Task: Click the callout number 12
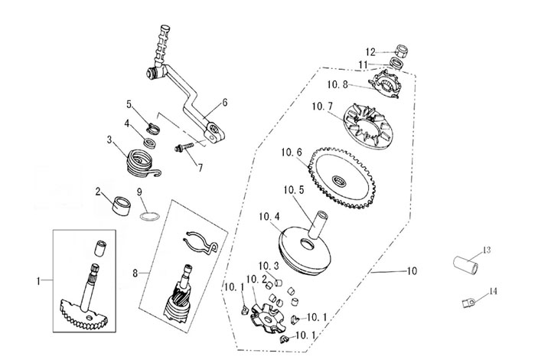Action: pos(370,52)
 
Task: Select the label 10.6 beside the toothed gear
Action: pos(292,153)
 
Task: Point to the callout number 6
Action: pos(225,102)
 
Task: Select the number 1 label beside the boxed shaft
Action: pos(38,282)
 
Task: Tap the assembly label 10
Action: pos(412,271)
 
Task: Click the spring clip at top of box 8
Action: pos(201,240)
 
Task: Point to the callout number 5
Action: pos(129,103)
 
